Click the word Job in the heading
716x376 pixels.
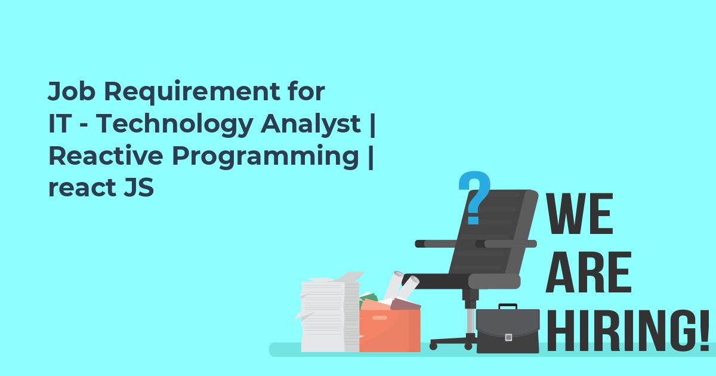click(x=72, y=91)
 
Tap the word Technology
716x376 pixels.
click(x=174, y=125)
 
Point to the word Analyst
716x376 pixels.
click(x=310, y=125)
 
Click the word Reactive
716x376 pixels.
click(x=106, y=156)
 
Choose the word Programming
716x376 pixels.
click(x=266, y=156)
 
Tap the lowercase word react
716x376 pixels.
click(x=82, y=188)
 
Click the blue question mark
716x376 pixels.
click(x=474, y=198)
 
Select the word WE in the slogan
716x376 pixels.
click(x=579, y=214)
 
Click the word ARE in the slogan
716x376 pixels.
click(x=588, y=272)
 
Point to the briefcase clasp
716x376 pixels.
click(x=508, y=337)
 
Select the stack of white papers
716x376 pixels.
click(x=329, y=313)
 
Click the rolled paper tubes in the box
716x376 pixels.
click(x=401, y=285)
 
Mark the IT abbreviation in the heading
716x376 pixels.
click(x=59, y=124)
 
